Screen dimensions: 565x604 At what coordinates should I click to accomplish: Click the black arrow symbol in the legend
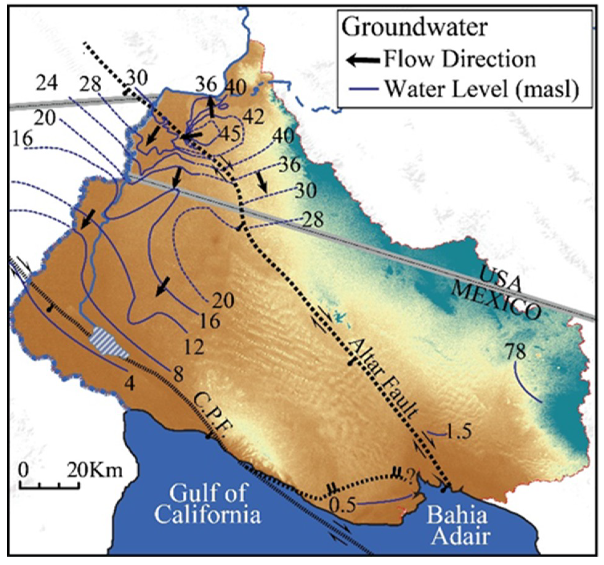click(x=363, y=60)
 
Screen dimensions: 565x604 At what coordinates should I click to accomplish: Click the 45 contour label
click(x=230, y=134)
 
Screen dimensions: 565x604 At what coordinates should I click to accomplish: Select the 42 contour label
click(x=254, y=117)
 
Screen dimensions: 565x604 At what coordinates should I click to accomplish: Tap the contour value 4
click(x=129, y=384)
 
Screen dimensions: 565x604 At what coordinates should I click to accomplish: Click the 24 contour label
click(x=47, y=83)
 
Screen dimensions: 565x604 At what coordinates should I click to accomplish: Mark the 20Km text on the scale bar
click(x=95, y=471)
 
